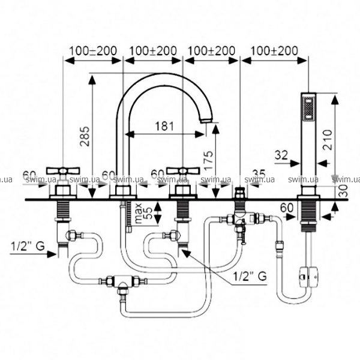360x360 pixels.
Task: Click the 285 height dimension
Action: point(85,137)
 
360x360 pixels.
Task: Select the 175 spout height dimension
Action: point(207,160)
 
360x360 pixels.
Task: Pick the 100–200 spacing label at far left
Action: point(93,51)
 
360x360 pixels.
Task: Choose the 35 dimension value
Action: point(259,174)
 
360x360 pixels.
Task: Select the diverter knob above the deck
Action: point(240,193)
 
